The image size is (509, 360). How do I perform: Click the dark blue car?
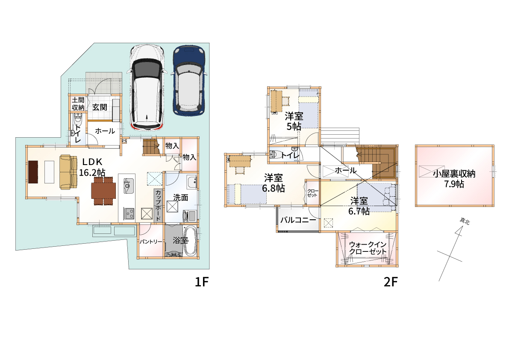tap(189, 80)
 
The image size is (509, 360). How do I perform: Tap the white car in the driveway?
tap(147, 88)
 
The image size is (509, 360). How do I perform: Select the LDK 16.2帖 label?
tap(92, 167)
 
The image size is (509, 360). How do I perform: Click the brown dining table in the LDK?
tap(103, 191)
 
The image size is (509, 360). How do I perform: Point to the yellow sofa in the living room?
tap(68, 172)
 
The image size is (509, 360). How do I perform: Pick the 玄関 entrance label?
tap(100, 107)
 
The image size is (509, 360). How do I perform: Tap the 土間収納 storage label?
tap(78, 103)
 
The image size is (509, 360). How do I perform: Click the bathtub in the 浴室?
tap(190, 241)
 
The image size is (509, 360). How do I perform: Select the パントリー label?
tap(151, 242)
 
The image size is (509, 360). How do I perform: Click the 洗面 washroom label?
tap(180, 198)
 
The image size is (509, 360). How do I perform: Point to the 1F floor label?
tap(202, 282)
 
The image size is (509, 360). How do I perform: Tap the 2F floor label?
tap(391, 282)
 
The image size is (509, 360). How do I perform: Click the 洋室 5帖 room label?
tap(294, 121)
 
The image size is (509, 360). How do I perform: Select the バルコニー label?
tap(298, 220)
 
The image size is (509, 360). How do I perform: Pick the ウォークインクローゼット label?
tap(368, 248)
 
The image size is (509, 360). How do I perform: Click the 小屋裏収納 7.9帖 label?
tap(454, 179)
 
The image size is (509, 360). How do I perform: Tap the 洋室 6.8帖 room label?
tap(274, 183)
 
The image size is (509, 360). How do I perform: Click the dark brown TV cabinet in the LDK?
tap(33, 172)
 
